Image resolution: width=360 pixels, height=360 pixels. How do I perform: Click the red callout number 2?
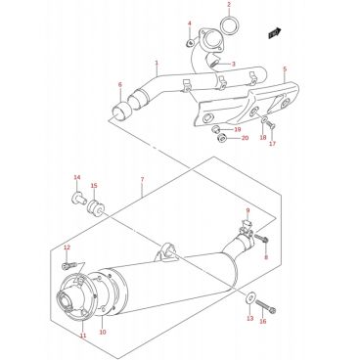pyautogui.click(x=229, y=5)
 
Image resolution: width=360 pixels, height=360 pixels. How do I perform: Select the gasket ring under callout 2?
pyautogui.click(x=229, y=25)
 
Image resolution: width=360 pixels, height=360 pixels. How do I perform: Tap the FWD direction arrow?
pyautogui.click(x=275, y=33)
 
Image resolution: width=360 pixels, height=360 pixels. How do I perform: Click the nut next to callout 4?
pyautogui.click(x=190, y=43)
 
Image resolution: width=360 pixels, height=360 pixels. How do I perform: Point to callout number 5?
pyautogui.click(x=285, y=69)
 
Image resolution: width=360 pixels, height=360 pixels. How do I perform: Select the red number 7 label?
pyautogui.click(x=142, y=180)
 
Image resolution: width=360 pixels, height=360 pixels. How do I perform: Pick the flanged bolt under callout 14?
pyautogui.click(x=78, y=198)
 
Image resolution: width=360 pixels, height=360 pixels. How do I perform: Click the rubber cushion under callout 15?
pyautogui.click(x=96, y=207)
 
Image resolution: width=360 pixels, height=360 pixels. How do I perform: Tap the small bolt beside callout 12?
pyautogui.click(x=68, y=266)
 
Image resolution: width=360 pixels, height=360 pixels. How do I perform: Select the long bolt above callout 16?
pyautogui.click(x=265, y=305)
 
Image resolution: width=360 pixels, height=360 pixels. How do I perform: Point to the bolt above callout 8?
pyautogui.click(x=261, y=239)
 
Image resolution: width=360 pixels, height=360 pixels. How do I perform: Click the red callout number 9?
pyautogui.click(x=247, y=210)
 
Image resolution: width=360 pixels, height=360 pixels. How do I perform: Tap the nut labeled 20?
pyautogui.click(x=222, y=139)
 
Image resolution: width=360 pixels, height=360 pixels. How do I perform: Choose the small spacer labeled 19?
pyautogui.click(x=215, y=129)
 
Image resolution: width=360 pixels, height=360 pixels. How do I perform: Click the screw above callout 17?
pyautogui.click(x=270, y=124)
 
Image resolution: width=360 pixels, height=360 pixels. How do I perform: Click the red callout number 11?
pyautogui.click(x=83, y=336)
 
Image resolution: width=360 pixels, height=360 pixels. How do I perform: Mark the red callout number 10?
pyautogui.click(x=103, y=333)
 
